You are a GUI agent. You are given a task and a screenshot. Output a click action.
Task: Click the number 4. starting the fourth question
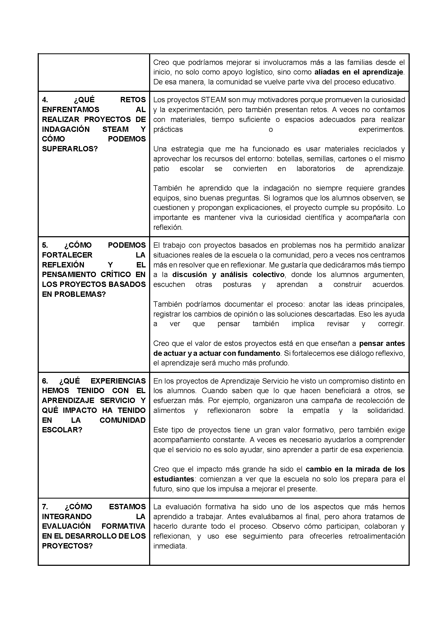coord(45,100)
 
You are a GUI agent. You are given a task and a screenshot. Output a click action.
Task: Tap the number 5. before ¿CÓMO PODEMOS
coord(45,245)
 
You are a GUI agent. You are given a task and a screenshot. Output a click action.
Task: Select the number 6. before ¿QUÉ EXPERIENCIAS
coord(45,381)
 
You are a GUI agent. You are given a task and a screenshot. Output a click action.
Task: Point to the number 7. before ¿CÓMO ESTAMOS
coord(45,507)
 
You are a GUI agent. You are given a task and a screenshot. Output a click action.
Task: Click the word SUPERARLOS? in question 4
coord(70,149)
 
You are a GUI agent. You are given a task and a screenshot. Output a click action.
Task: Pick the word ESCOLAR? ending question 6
coord(62,430)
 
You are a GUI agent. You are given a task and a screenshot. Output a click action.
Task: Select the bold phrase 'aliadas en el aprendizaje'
coord(359,72)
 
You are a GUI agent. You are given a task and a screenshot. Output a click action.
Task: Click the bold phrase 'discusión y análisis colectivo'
coord(229,274)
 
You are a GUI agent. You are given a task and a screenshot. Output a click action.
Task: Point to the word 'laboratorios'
coord(316,168)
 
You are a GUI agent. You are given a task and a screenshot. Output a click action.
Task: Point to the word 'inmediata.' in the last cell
coord(170,546)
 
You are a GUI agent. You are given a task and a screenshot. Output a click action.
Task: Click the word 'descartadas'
coord(335,314)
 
